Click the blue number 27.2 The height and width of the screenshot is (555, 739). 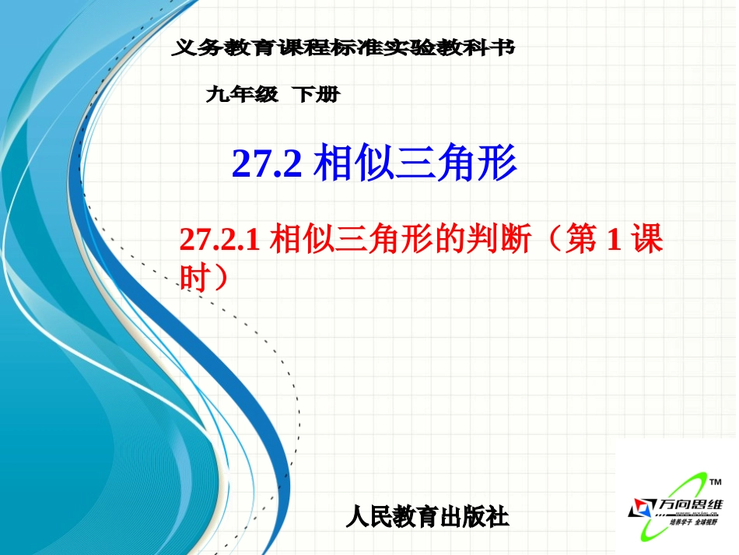(267, 165)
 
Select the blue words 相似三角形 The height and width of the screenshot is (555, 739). (415, 164)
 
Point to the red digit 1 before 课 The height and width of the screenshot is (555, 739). (613, 241)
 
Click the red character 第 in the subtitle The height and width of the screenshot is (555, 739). (580, 240)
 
